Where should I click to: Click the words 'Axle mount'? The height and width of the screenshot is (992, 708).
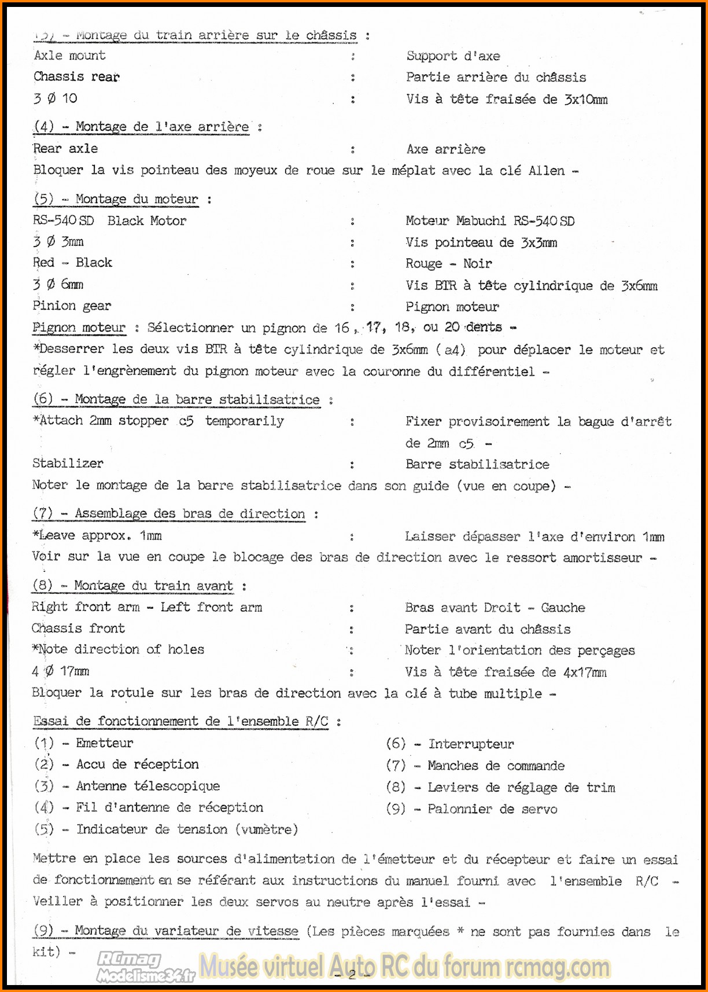pos(69,56)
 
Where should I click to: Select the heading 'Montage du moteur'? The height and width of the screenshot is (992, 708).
pos(137,199)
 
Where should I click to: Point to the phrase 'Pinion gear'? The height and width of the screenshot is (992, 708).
pos(72,306)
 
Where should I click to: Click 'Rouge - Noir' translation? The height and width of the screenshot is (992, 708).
pos(448,264)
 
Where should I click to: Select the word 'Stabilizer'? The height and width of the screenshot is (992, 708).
pos(68,464)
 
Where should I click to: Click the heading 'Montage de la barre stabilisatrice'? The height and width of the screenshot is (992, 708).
pos(197,399)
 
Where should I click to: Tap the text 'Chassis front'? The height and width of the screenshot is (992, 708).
pos(78,629)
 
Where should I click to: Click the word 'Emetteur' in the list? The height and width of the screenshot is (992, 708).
pos(104,743)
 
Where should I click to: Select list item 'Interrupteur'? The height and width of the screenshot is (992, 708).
pos(471,744)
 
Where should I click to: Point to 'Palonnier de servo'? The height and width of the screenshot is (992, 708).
pos(492,809)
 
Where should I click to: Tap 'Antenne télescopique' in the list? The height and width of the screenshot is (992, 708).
pos(147,786)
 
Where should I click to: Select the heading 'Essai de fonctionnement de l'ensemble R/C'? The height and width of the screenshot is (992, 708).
pos(180,722)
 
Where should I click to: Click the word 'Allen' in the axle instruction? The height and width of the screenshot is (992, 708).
pos(547,171)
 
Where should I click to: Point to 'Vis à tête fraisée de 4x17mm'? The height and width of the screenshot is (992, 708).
pos(505,672)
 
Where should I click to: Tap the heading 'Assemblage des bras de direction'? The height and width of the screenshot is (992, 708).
pos(189,514)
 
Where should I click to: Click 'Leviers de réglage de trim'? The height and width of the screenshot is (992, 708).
pos(521,788)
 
